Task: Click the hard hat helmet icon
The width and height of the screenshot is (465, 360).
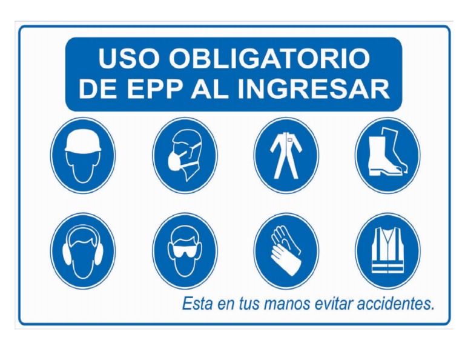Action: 83,156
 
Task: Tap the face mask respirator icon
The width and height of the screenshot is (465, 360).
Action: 185,156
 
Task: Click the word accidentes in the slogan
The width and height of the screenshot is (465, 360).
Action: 396,304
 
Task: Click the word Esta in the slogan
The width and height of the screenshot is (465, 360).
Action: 198,304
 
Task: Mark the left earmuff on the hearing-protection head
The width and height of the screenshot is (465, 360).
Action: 67,252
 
